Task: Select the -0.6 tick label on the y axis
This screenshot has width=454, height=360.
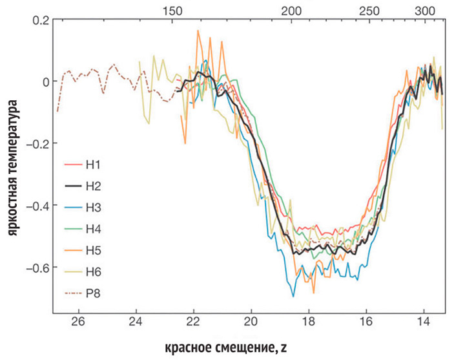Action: coord(37,268)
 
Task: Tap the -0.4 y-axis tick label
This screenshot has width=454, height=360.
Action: coord(37,206)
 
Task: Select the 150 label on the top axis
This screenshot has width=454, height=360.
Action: coord(172,11)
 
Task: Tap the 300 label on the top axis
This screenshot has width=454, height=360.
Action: coord(424,11)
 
